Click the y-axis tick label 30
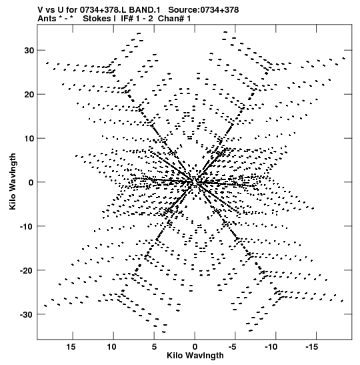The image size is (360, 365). (x=29, y=51)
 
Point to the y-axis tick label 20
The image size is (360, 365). (x=29, y=95)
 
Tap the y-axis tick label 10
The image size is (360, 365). (x=29, y=139)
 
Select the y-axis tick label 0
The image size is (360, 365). (x=31, y=183)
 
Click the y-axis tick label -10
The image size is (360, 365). (x=27, y=226)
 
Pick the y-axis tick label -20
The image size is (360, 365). (x=27, y=270)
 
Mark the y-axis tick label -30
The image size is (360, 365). (x=27, y=314)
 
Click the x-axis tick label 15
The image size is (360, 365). (x=71, y=347)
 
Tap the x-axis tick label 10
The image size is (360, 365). (x=111, y=347)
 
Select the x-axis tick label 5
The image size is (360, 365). (x=154, y=347)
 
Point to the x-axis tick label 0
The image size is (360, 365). (x=195, y=347)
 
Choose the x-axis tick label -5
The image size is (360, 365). (x=233, y=347)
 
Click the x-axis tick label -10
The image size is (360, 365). (x=272, y=347)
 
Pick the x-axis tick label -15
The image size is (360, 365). (x=313, y=347)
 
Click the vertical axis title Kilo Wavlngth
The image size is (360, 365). (x=13, y=181)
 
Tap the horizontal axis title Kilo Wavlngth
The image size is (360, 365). (x=195, y=356)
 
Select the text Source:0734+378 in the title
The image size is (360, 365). (x=203, y=10)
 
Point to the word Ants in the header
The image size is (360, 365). (x=47, y=19)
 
